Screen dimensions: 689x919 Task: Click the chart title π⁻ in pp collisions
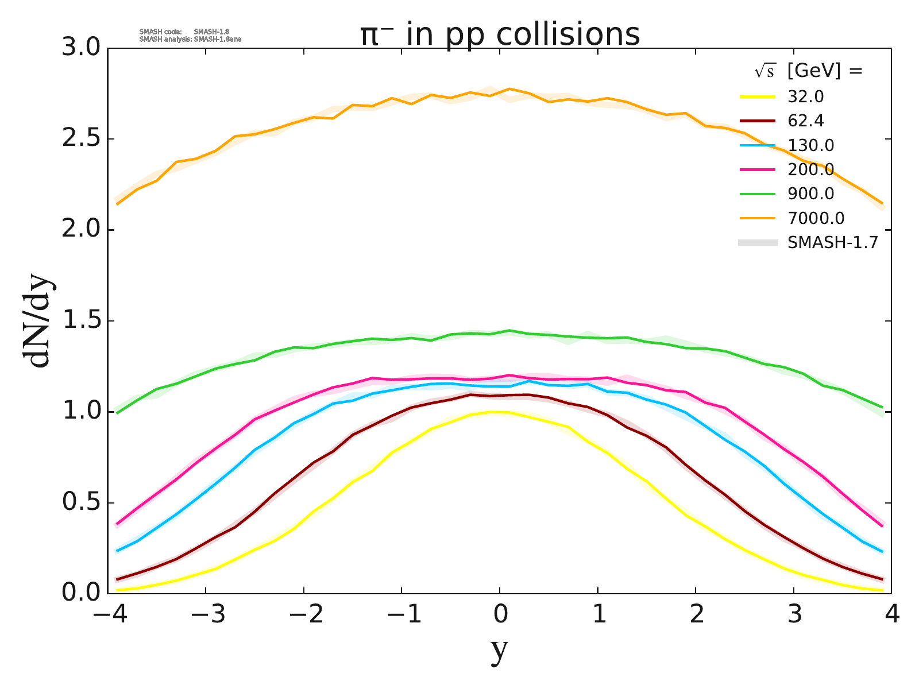[x=500, y=34]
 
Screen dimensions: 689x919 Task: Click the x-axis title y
[x=500, y=651]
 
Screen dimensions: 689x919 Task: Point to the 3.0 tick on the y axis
[x=80, y=48]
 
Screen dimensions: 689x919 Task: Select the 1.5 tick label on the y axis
[x=80, y=321]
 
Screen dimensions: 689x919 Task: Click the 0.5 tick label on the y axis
[x=80, y=503]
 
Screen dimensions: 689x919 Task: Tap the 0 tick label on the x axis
[x=500, y=615]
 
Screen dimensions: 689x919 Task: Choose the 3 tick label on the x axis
[x=794, y=615]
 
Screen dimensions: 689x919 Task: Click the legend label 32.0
[x=806, y=96]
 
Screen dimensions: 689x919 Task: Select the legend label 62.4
[x=806, y=121]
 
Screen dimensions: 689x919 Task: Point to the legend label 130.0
[x=810, y=145]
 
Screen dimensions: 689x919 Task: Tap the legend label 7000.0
[x=816, y=218]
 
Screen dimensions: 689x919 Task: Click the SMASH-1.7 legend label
[x=833, y=242]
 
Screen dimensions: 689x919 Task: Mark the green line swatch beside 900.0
[x=757, y=194]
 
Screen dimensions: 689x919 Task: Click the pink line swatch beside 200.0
[x=757, y=170]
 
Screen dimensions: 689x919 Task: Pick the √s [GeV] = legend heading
[x=809, y=71]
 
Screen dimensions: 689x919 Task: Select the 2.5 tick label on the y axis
[x=80, y=139]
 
